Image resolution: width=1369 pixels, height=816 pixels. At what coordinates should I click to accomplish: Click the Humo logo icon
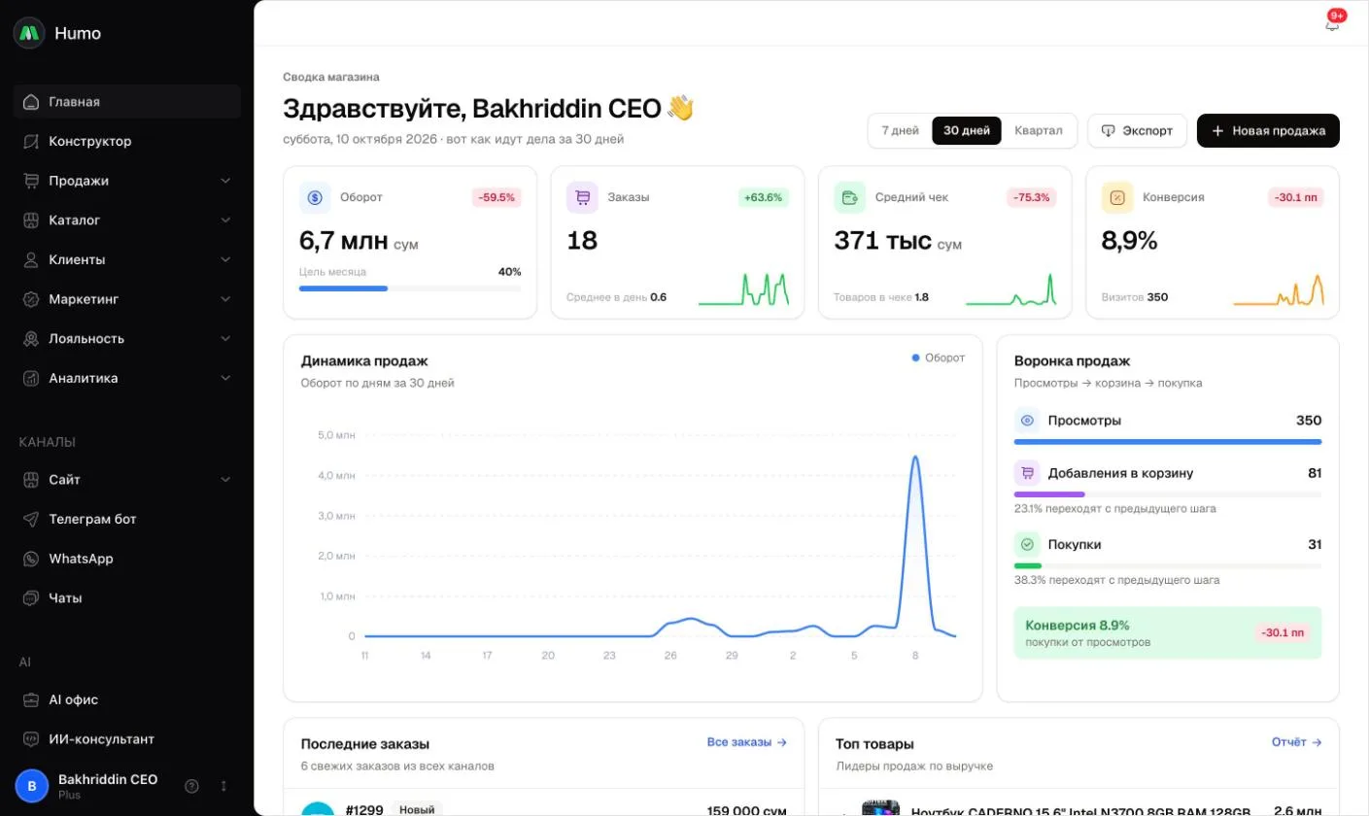click(29, 33)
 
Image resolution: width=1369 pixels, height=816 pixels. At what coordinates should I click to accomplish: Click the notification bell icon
click(1332, 24)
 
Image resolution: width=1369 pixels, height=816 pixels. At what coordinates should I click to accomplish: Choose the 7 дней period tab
click(900, 131)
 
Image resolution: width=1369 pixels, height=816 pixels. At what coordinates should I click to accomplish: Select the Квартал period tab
click(1039, 131)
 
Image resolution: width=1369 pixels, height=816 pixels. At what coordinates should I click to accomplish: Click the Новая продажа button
click(1268, 131)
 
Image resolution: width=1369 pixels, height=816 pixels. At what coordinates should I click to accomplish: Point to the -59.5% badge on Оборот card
click(496, 197)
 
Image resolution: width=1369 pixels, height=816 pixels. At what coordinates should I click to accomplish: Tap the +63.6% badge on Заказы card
click(763, 197)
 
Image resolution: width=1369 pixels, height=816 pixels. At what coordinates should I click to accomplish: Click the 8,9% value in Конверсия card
click(1129, 241)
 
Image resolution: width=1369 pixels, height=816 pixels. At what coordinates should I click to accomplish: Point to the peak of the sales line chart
click(915, 457)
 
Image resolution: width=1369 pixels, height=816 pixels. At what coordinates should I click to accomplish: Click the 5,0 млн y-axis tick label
click(336, 435)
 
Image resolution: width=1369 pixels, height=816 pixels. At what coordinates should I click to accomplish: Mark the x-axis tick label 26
click(670, 656)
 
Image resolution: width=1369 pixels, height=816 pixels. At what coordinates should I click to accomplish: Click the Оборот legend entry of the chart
click(939, 357)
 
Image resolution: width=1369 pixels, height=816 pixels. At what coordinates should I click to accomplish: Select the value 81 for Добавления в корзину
click(1314, 473)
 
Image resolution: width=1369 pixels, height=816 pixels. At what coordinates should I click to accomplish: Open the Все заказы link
click(746, 742)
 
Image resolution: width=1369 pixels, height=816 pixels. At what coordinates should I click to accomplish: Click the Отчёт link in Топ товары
click(1296, 742)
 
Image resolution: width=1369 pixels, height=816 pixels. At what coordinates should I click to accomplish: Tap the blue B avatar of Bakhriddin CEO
click(32, 786)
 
